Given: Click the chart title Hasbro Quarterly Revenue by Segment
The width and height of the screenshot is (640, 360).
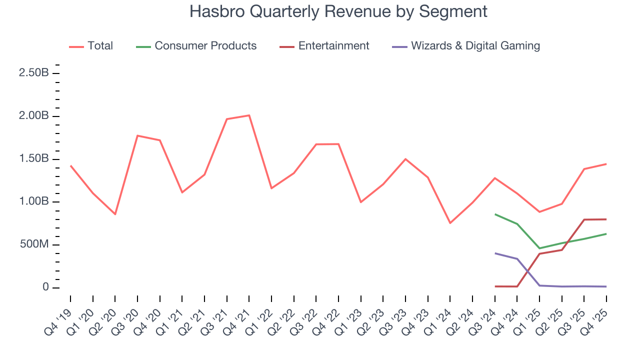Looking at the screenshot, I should [338, 11].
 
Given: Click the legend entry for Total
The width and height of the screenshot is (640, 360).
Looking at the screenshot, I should [100, 46].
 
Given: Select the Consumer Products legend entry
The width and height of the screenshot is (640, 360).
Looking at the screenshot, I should [205, 46].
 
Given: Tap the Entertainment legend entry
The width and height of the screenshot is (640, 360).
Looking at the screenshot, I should [333, 46].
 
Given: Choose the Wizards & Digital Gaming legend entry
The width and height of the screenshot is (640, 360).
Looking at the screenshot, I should [475, 46].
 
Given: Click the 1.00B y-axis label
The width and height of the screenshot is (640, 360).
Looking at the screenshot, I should [33, 202].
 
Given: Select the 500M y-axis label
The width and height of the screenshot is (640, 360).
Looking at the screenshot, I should [34, 245].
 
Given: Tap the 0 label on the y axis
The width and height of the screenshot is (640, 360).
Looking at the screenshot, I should [45, 287].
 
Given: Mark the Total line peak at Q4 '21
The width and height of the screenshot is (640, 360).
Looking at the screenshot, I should [249, 115].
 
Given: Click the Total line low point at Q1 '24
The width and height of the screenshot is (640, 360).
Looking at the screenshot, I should [450, 223].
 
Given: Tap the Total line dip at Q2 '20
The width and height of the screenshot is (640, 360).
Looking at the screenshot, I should [115, 214].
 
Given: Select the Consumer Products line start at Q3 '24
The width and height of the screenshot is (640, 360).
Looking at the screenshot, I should [495, 214].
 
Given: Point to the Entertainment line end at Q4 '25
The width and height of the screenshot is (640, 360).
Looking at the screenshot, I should [606, 219].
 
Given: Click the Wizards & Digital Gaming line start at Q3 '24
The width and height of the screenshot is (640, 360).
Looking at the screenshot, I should [495, 253].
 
